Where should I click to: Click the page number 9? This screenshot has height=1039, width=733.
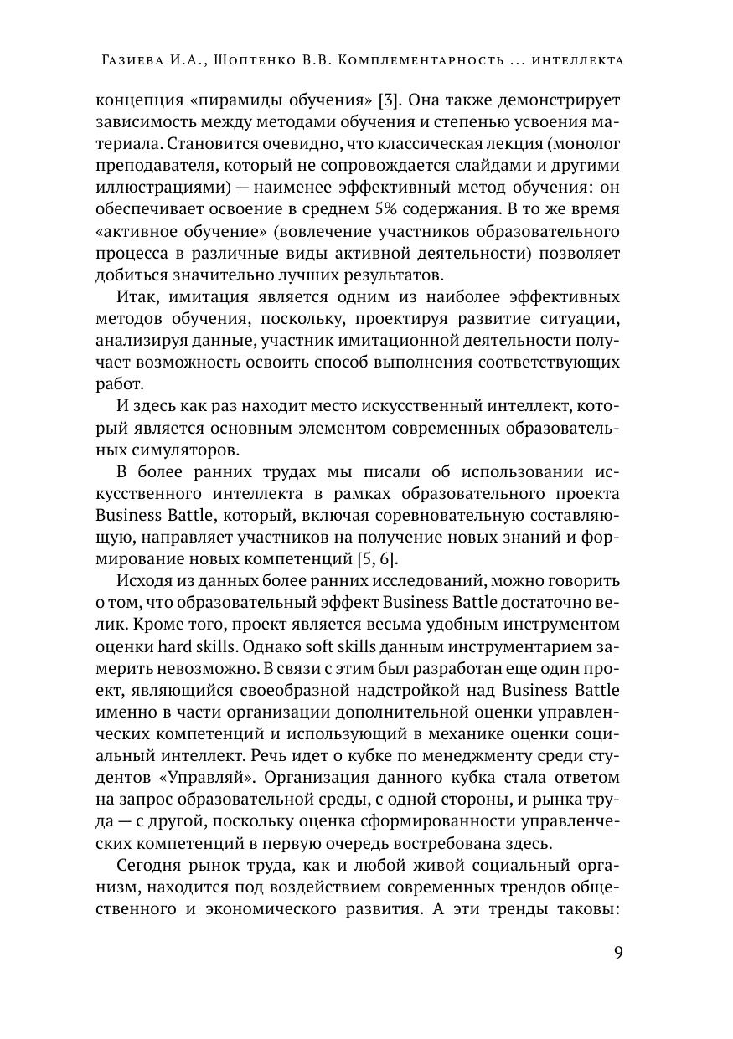[x=617, y=954]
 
